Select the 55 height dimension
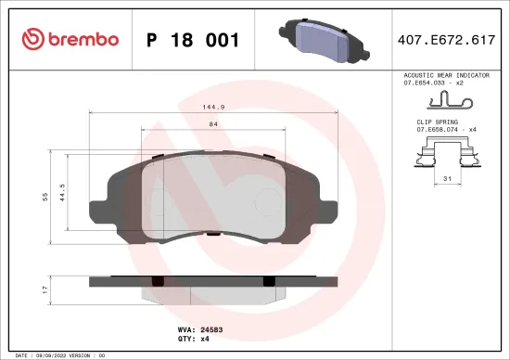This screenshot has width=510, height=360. click(x=43, y=198)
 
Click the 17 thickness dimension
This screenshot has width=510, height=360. click(x=43, y=290)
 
